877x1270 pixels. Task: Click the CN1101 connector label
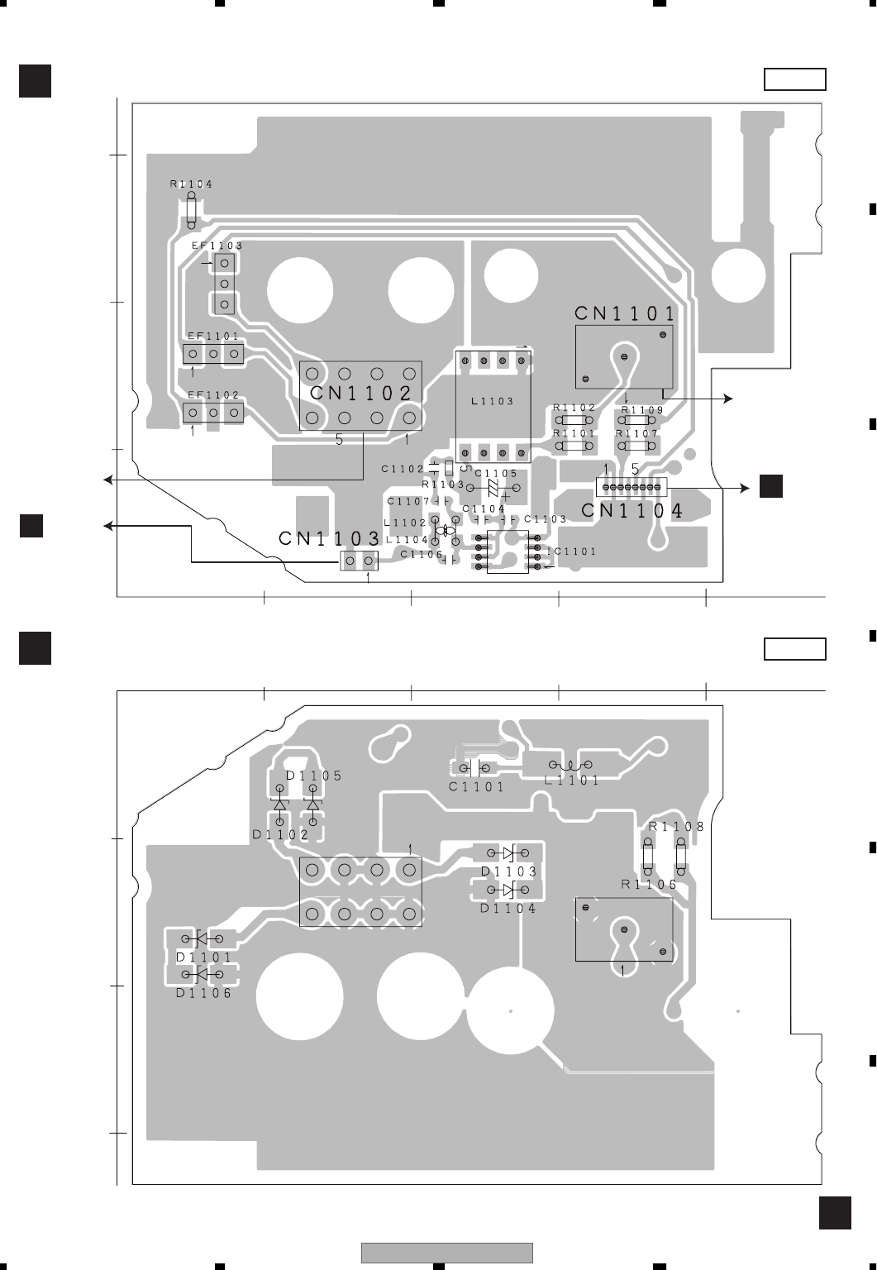pos(625,313)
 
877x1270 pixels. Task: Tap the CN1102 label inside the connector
pos(361,394)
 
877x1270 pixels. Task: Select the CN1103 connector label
pos(329,538)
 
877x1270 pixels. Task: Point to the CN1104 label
pos(632,511)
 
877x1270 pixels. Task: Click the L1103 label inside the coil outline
pos(493,401)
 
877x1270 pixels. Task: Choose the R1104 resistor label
pos(192,184)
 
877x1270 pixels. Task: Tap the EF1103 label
pos(217,246)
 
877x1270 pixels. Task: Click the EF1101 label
pos(213,337)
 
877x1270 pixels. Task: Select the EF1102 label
pos(213,395)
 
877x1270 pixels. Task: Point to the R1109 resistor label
pos(642,409)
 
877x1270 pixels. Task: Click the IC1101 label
pos(570,551)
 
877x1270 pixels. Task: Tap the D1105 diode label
pos(313,776)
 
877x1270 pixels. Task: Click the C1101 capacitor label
pos(477,787)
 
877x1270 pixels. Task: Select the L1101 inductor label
pos(572,781)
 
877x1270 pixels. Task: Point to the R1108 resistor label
pos(677,826)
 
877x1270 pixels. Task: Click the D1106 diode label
pos(204,994)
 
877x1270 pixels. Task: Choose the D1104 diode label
pos(508,908)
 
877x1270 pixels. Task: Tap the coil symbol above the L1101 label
pos(571,765)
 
